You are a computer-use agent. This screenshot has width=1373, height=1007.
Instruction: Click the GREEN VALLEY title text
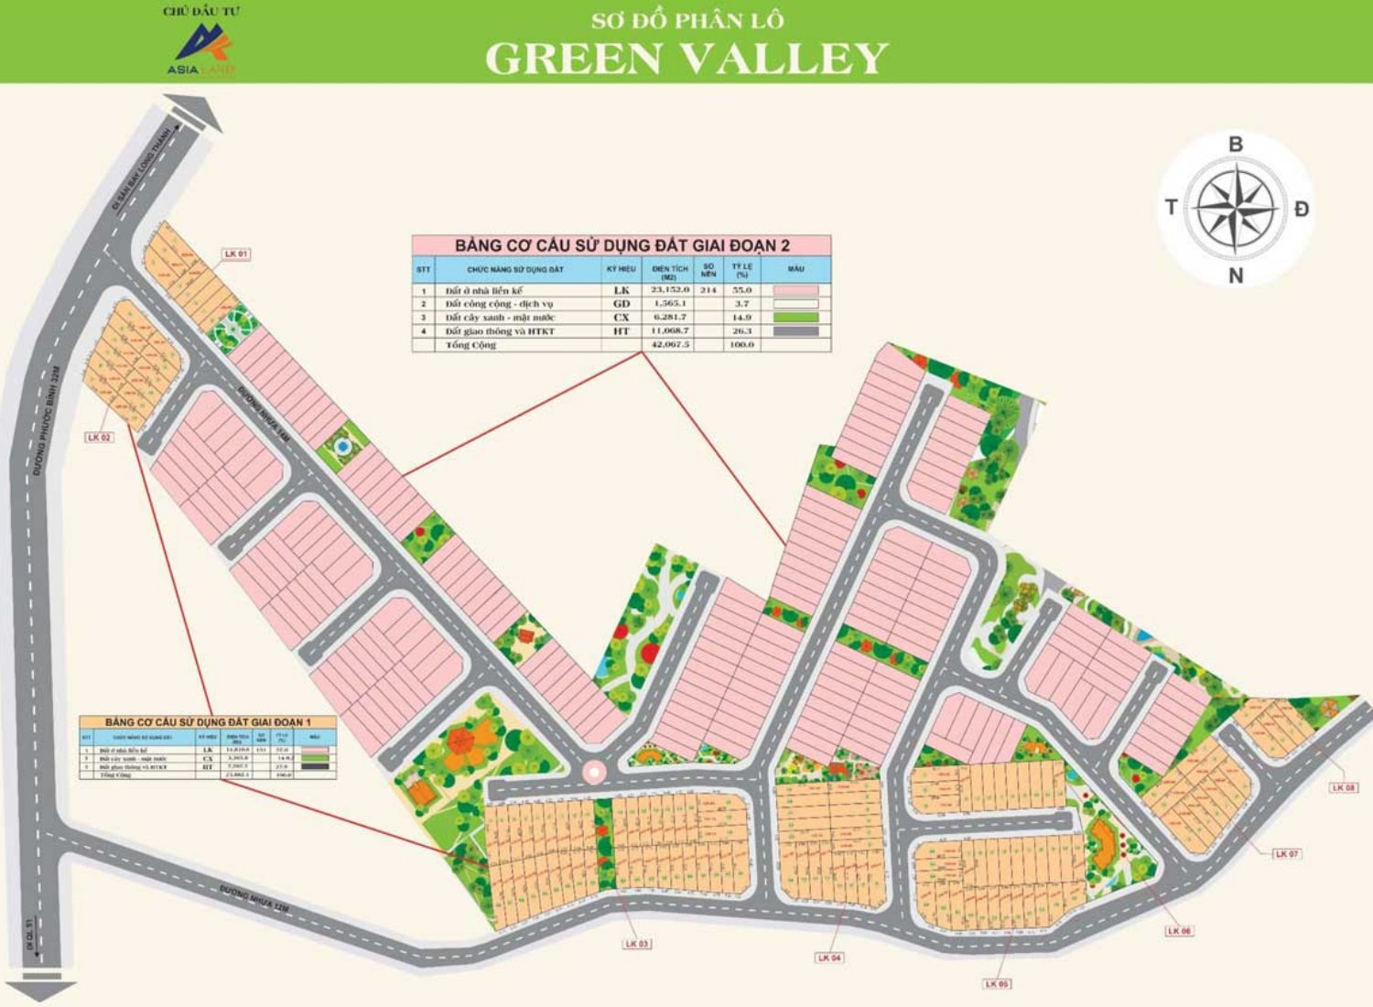tap(686, 58)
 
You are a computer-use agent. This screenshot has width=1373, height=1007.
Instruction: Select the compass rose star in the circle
tap(1236, 208)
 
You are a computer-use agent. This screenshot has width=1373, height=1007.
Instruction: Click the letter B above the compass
tap(1236, 145)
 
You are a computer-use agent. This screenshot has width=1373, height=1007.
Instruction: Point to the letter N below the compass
tap(1236, 276)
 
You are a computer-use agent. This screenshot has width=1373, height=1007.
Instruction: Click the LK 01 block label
tap(236, 254)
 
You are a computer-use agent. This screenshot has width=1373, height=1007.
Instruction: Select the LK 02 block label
tap(100, 438)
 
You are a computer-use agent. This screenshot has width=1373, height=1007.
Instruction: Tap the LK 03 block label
tap(637, 943)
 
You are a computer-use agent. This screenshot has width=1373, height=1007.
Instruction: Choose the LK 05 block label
tap(997, 983)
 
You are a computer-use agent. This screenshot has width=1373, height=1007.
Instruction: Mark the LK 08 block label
tap(1345, 787)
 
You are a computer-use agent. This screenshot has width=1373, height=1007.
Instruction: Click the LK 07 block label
tap(1286, 853)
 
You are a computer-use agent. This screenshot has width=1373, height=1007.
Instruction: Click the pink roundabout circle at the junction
tap(594, 773)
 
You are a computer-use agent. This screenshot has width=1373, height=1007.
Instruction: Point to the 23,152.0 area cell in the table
tap(669, 290)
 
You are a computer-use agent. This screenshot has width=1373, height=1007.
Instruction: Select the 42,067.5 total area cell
tap(669, 345)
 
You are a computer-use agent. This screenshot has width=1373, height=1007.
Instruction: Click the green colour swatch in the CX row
tap(795, 318)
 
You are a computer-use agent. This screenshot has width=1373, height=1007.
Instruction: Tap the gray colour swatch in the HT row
tap(795, 331)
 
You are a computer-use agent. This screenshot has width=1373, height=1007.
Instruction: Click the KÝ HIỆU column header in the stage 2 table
tap(621, 269)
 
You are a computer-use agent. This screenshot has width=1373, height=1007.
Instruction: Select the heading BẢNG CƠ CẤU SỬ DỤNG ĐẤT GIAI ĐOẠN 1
tap(208, 722)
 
